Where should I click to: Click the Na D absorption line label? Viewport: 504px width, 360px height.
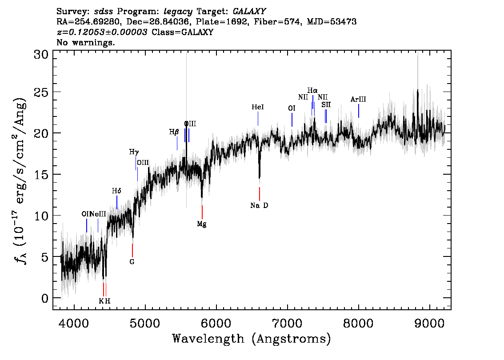click(259, 205)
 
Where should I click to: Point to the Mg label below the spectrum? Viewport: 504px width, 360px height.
click(201, 224)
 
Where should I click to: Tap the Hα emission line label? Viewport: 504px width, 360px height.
click(312, 91)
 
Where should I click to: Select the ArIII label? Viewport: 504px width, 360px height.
click(358, 99)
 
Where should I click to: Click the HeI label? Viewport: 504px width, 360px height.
click(257, 107)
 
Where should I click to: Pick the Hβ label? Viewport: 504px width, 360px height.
click(174, 132)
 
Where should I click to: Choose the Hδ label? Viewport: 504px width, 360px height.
click(116, 191)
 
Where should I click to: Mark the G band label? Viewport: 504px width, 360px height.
click(132, 262)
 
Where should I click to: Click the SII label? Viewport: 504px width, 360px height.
click(326, 104)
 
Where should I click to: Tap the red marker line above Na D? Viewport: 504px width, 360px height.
click(260, 194)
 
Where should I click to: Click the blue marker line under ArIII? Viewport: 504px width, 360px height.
click(358, 111)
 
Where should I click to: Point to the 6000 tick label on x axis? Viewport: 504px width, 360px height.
click(216, 323)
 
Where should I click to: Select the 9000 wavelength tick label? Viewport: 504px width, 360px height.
click(429, 323)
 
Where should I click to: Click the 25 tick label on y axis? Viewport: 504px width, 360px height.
click(41, 92)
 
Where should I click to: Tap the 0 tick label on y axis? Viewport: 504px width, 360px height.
click(45, 298)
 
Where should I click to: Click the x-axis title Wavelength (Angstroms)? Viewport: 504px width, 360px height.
click(252, 339)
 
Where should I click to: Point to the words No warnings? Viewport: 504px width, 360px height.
click(85, 42)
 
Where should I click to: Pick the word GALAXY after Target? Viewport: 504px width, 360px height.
click(249, 12)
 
